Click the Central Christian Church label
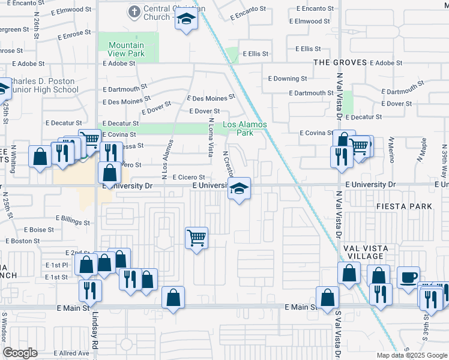click(164, 13)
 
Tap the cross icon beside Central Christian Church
click(133, 12)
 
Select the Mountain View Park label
click(126, 49)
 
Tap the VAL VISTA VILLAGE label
click(366, 252)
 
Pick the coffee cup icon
click(409, 276)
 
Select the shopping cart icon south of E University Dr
click(197, 238)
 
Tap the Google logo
click(20, 353)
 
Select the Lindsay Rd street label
click(95, 337)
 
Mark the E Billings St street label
click(72, 220)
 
